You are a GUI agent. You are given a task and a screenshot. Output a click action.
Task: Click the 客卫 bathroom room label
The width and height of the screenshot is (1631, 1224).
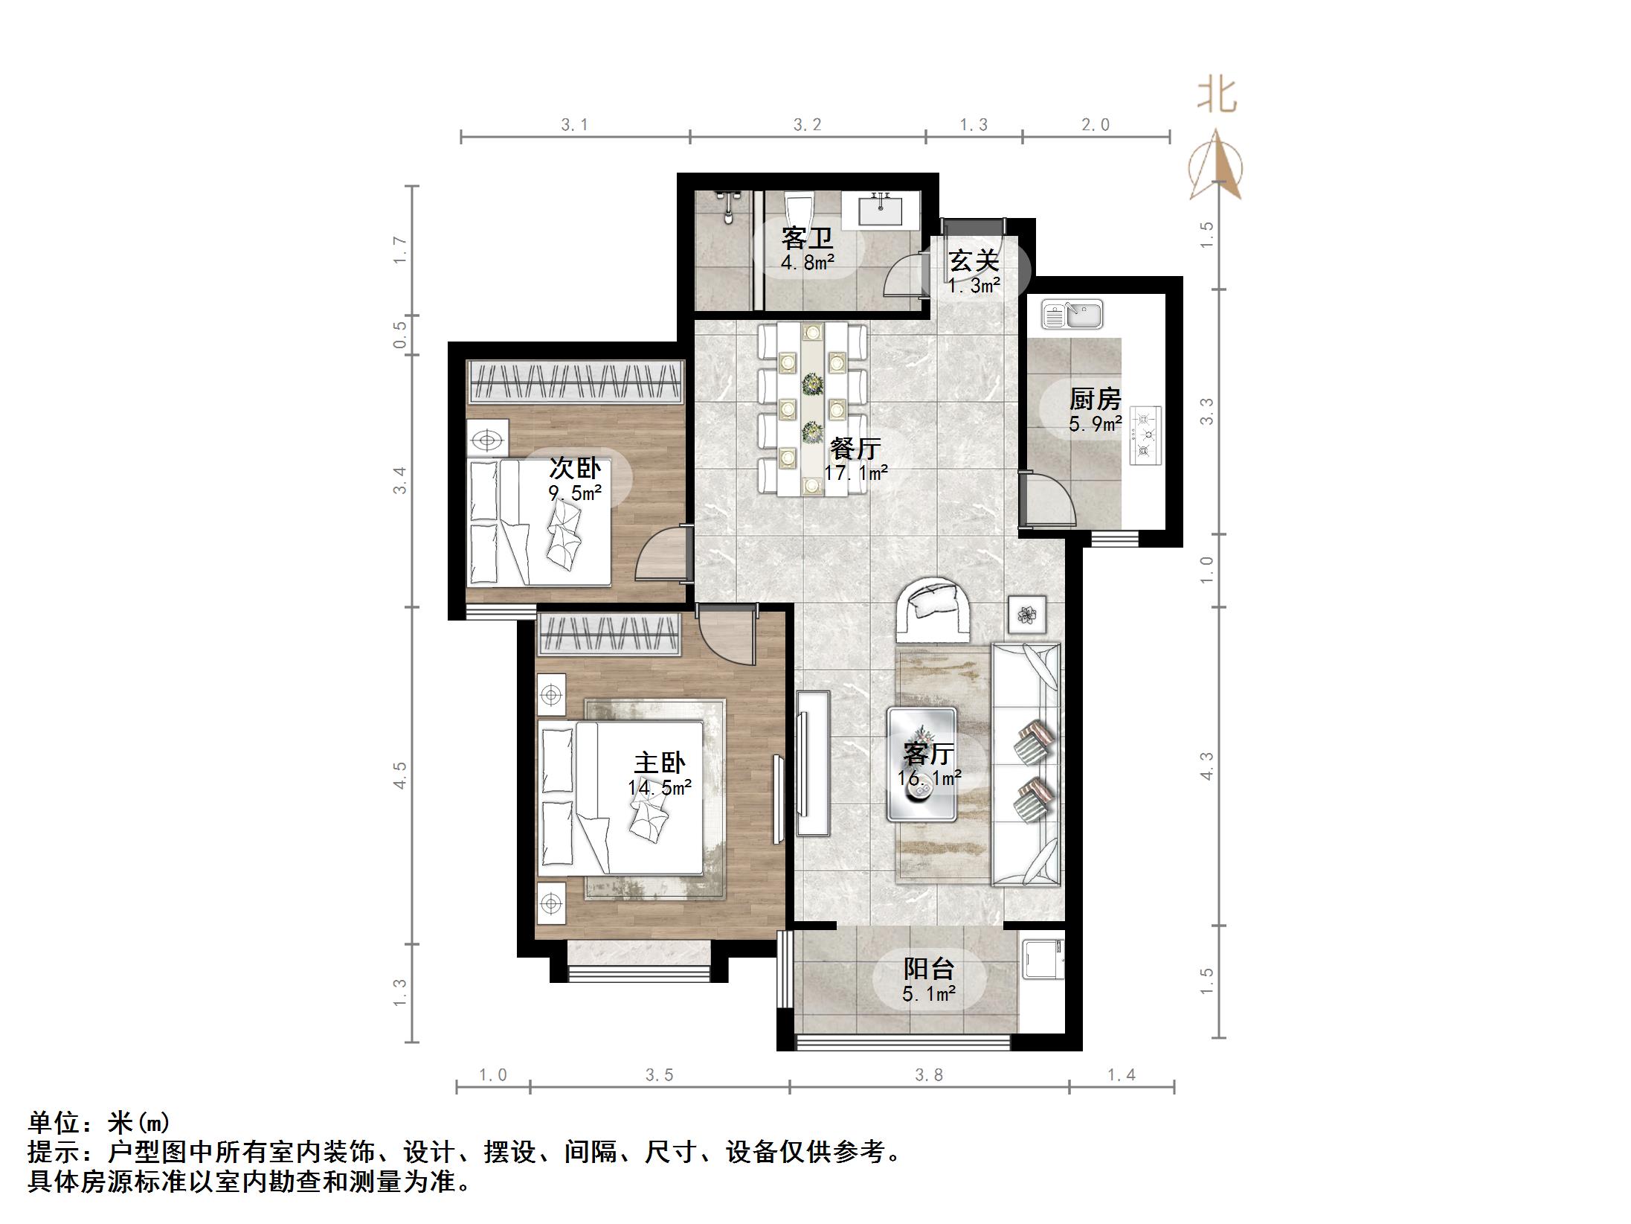coord(806,239)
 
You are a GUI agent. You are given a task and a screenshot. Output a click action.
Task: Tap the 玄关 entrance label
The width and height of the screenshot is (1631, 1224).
coord(974,261)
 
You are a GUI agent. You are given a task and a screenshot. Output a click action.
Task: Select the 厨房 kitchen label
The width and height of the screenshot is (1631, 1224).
coord(1095,400)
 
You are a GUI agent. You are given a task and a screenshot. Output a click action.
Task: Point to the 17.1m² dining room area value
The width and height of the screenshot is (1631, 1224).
coord(855,472)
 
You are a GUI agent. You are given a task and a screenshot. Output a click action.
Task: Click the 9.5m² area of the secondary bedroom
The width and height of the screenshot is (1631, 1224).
coord(575,492)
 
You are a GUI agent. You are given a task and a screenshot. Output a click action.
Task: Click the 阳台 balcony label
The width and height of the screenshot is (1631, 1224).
coord(928,969)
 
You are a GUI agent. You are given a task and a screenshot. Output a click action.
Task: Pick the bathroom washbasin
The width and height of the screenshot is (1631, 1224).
coord(882,209)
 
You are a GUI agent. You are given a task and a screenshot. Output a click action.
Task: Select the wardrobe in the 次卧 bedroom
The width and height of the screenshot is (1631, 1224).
coord(575,382)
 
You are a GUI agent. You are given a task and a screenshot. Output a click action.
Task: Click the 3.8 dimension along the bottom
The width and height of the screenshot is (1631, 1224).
coord(929,1074)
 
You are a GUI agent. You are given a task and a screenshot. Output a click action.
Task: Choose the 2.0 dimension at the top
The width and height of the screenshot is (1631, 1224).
coord(1095,125)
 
